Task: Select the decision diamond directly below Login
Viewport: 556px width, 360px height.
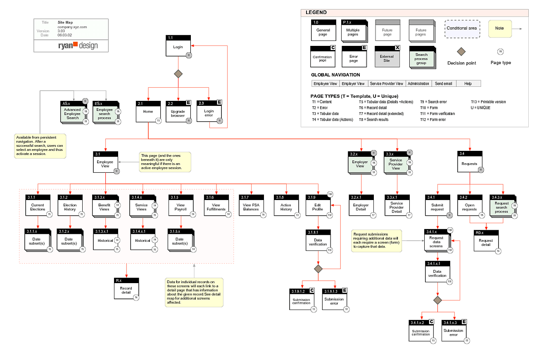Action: (x=178, y=74)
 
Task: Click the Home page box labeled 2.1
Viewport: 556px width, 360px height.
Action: (x=148, y=112)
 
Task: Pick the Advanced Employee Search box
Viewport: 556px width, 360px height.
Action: (x=73, y=112)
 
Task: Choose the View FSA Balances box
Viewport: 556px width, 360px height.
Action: (x=251, y=205)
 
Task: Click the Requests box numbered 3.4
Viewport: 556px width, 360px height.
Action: (x=470, y=162)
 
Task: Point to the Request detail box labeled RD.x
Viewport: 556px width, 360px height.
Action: (x=486, y=241)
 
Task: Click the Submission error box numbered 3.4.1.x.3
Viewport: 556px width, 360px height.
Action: (x=454, y=332)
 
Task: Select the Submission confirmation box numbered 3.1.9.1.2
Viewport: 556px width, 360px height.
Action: (x=302, y=300)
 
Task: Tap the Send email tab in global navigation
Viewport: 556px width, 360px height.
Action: (x=443, y=83)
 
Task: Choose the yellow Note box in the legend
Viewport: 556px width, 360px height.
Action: (x=500, y=29)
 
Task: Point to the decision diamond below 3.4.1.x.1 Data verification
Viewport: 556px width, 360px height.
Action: (x=437, y=300)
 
